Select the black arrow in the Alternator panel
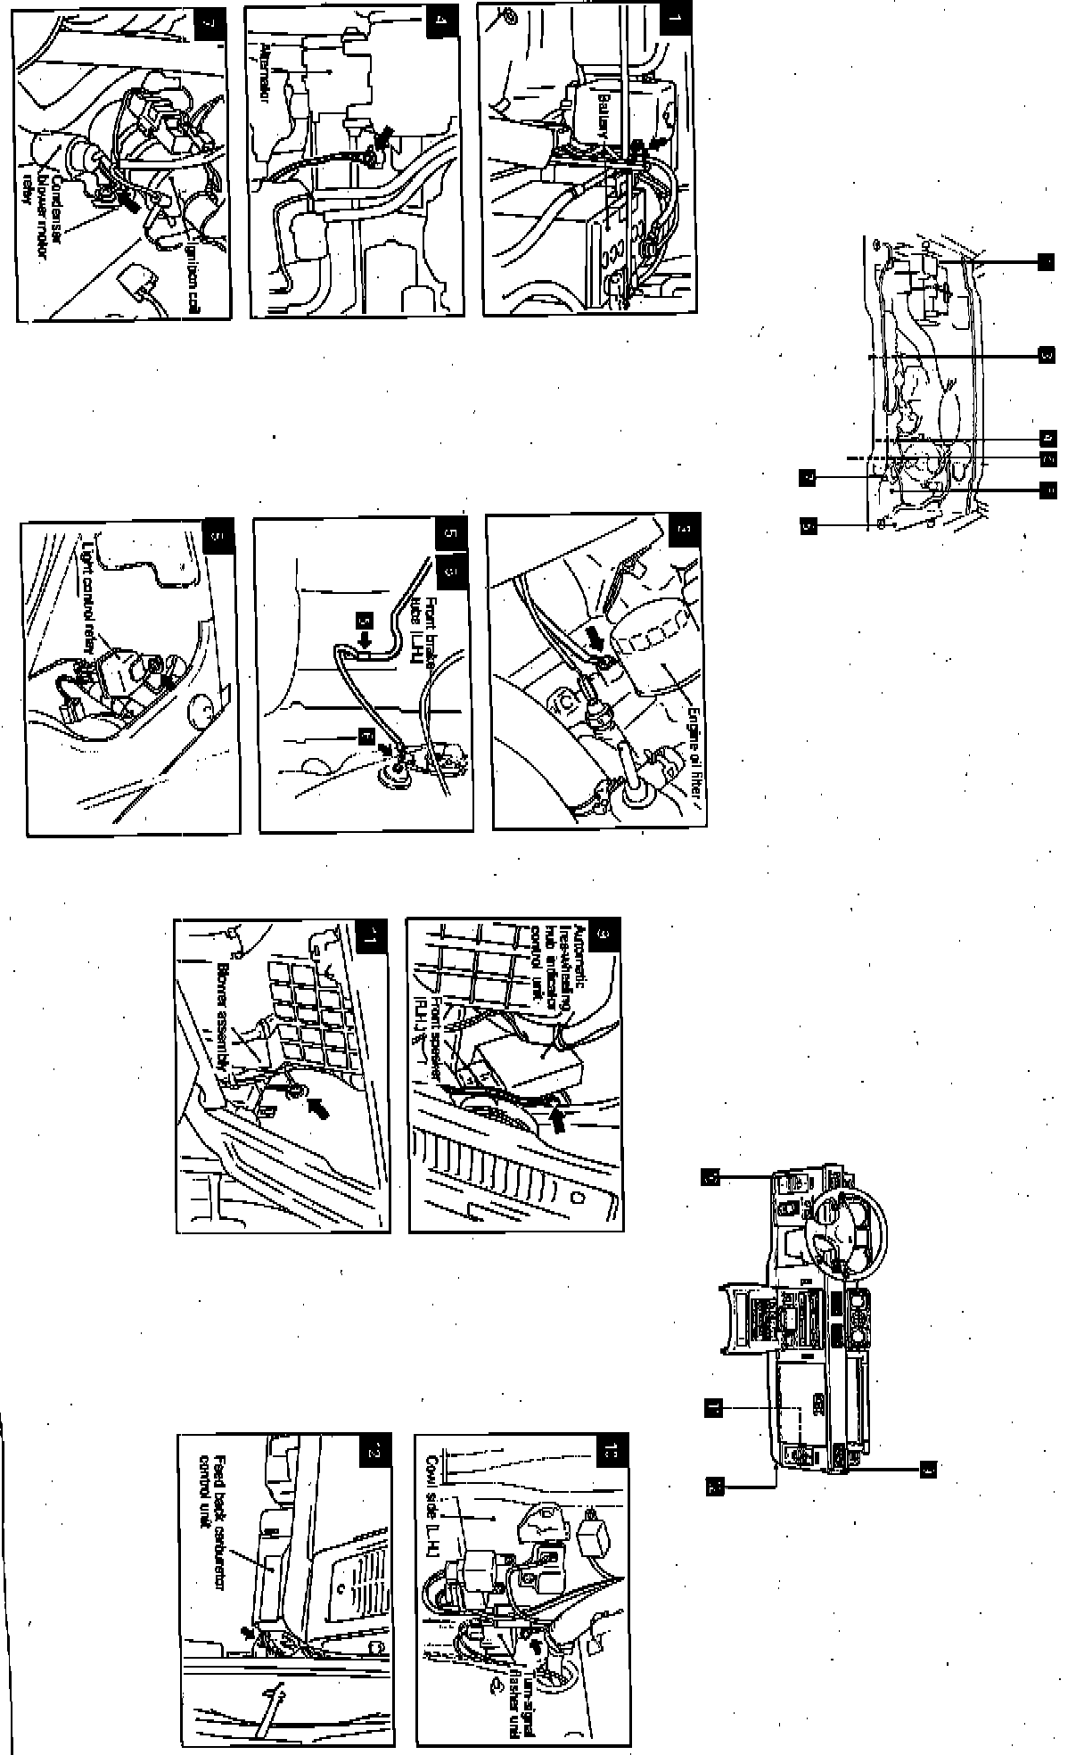coord(384,136)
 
